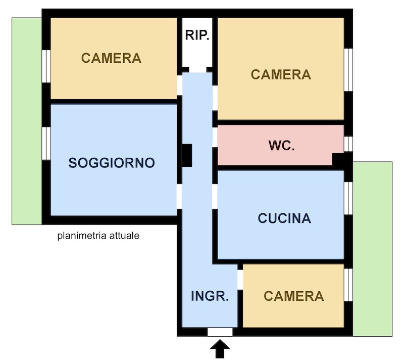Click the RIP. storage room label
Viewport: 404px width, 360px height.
tap(197, 35)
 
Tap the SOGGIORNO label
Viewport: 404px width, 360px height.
tap(112, 163)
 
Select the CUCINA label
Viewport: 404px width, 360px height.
tap(284, 218)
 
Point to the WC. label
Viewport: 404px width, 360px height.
tap(281, 146)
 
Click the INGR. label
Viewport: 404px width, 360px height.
tap(210, 296)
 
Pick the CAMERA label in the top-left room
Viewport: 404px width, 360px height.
tap(112, 58)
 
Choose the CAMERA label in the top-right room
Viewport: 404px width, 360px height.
tap(281, 75)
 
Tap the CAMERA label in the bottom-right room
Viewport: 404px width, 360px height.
tap(294, 296)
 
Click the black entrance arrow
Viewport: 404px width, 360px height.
tap(220, 348)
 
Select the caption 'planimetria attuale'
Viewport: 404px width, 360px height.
tap(98, 236)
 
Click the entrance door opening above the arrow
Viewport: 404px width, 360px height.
tap(220, 332)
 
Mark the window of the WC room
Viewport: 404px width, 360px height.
tap(348, 144)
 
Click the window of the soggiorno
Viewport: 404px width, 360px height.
tap(45, 143)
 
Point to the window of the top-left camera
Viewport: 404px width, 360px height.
tap(45, 65)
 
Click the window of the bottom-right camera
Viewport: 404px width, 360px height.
tap(348, 285)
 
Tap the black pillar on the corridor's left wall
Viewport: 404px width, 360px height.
tap(187, 155)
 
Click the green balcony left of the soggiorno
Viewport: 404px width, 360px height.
tap(26, 121)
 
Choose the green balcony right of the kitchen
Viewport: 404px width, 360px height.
tap(372, 248)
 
